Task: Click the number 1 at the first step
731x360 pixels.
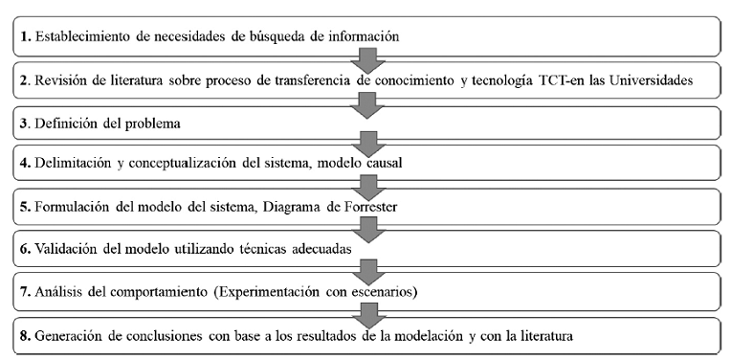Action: pyautogui.click(x=23, y=36)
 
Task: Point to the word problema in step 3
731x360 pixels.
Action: pyautogui.click(x=143, y=123)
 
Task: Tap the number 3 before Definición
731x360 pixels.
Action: pyautogui.click(x=23, y=123)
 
